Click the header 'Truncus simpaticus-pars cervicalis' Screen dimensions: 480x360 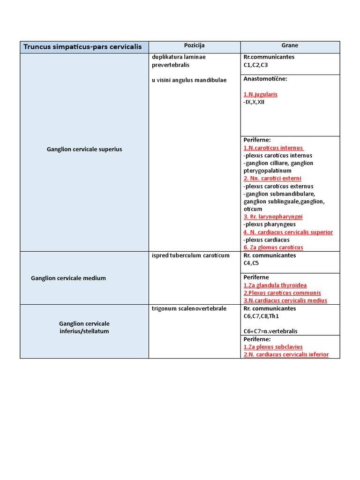point(82,47)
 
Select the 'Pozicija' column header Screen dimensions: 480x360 point(194,45)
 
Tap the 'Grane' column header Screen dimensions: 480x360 point(290,45)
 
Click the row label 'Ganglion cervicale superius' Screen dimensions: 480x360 point(84,149)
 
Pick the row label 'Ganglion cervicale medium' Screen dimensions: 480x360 point(68,278)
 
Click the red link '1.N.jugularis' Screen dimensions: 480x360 point(261,94)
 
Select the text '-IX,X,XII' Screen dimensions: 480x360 point(254,102)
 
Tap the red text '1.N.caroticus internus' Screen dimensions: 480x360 point(273,148)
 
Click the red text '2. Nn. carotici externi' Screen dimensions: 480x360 point(272,179)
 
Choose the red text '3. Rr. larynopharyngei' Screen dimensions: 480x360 point(273,217)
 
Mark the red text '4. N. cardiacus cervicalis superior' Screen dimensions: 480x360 point(288,232)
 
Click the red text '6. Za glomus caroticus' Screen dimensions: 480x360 point(273,247)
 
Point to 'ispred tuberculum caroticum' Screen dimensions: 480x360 point(190,255)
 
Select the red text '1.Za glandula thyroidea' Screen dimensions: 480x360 point(275,285)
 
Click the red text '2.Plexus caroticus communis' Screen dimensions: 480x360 point(282,293)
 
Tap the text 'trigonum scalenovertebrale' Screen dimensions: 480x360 point(189,308)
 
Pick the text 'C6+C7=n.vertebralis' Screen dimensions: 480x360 point(270,331)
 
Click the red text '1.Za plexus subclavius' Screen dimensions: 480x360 point(273,347)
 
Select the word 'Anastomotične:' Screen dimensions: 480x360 point(265,79)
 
